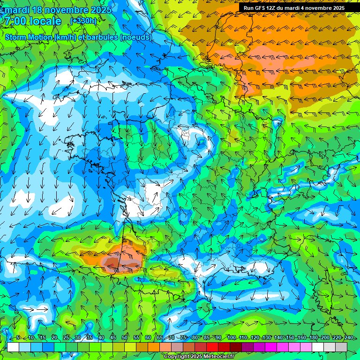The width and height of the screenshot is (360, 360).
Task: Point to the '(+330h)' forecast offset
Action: click(x=83, y=21)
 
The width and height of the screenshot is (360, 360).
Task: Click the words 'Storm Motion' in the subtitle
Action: click(x=28, y=37)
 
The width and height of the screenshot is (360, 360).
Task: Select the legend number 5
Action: click(x=18, y=337)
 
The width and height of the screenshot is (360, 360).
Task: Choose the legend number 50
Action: click(x=125, y=337)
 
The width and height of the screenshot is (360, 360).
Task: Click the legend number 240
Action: click(x=349, y=337)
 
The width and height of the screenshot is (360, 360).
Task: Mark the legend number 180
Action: click(x=314, y=337)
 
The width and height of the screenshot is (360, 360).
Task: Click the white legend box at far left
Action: click(x=13, y=347)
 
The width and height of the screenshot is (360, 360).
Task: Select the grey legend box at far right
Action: click(x=341, y=347)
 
